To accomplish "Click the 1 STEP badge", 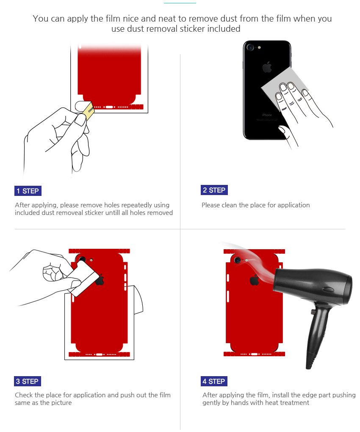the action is [28, 191].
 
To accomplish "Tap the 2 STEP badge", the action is [214, 190].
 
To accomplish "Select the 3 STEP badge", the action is [27, 381].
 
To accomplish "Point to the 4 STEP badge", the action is [214, 381].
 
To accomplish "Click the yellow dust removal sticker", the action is [89, 111].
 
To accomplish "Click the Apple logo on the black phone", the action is [267, 67].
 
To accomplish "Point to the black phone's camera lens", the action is [250, 47].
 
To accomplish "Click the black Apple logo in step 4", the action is [254, 280].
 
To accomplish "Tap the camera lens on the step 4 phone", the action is [237, 259].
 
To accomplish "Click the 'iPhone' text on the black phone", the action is [267, 115].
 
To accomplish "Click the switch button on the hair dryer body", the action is [328, 289].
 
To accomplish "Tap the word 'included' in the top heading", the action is [224, 29].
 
